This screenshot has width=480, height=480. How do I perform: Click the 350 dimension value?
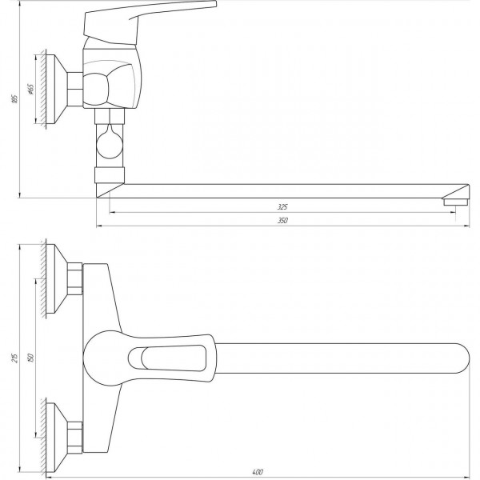click(x=282, y=221)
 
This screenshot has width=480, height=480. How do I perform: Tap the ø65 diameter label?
click(x=29, y=89)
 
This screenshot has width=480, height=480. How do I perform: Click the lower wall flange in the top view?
click(x=56, y=436)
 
